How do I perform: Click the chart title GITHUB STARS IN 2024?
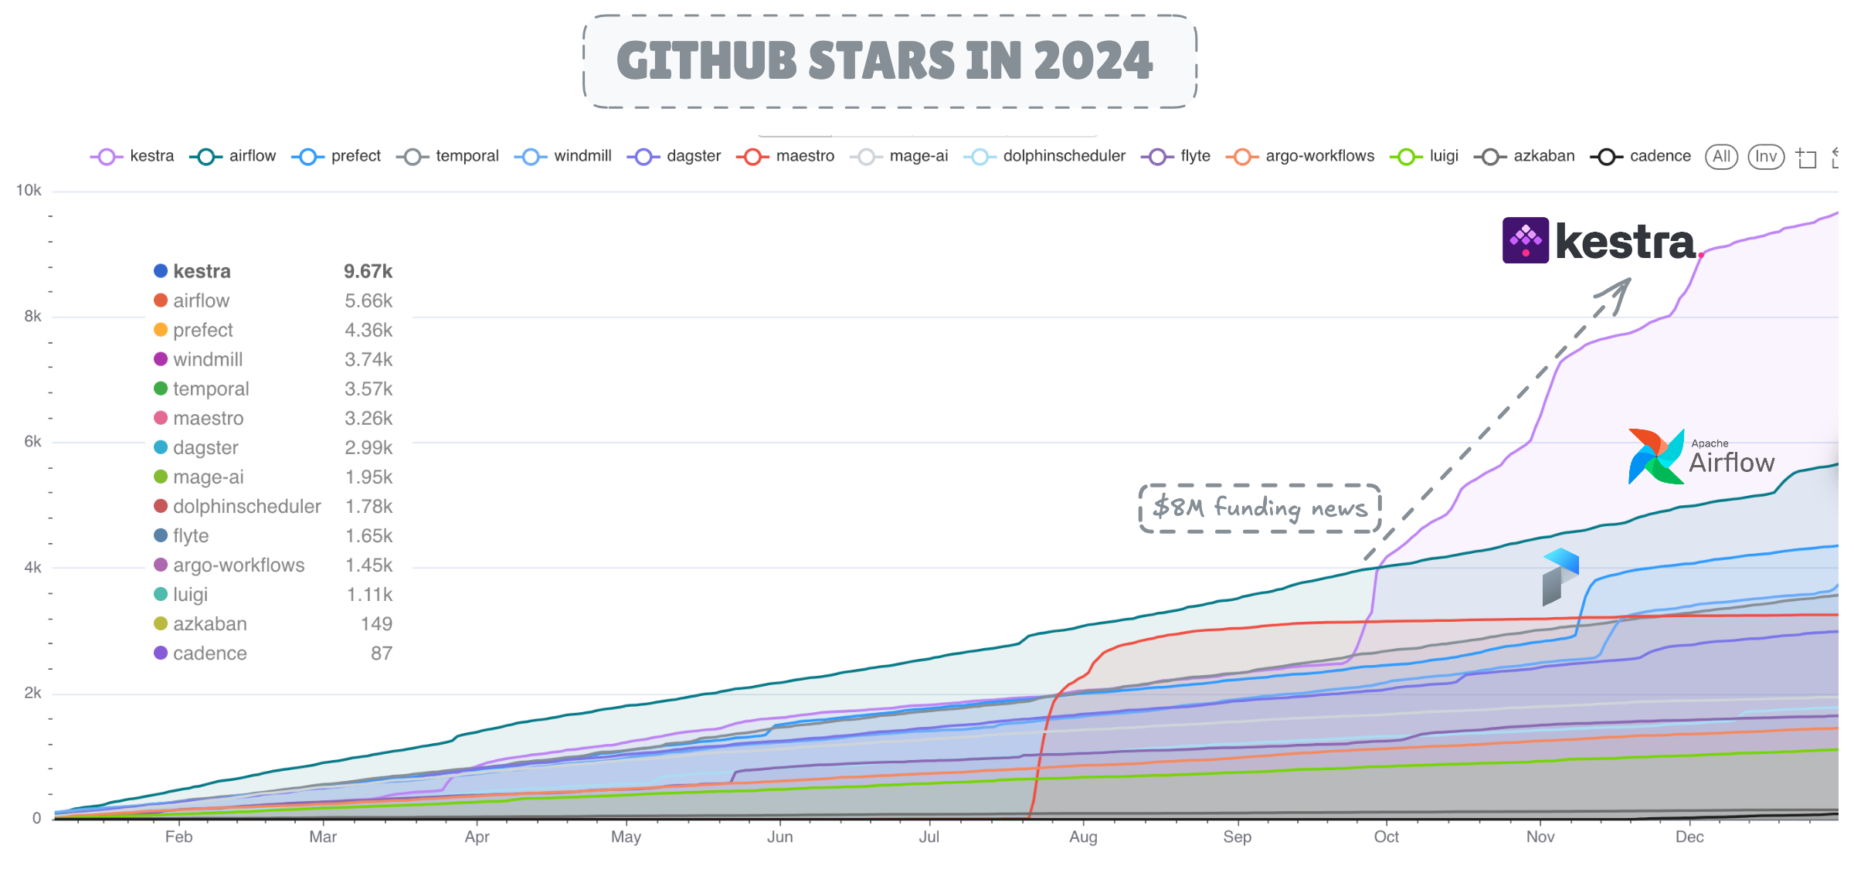tap(885, 61)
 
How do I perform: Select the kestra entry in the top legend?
tap(133, 156)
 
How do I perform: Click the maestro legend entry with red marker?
tap(786, 156)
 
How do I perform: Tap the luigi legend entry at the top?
tap(1424, 156)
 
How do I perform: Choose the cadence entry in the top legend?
tap(1642, 156)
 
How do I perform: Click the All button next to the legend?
tap(1721, 157)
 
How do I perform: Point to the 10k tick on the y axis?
tap(29, 190)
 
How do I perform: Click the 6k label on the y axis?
tap(32, 441)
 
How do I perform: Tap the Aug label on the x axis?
tap(1083, 837)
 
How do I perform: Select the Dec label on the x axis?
tap(1689, 837)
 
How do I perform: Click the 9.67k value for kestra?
tap(368, 271)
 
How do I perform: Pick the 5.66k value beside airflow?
tap(368, 300)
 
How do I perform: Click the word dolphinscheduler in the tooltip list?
tap(246, 506)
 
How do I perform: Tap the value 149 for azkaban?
tap(376, 623)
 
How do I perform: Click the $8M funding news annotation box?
tap(1260, 507)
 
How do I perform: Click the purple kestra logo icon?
tap(1525, 240)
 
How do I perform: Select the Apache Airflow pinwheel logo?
tap(1655, 457)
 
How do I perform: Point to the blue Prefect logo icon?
tap(1560, 575)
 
